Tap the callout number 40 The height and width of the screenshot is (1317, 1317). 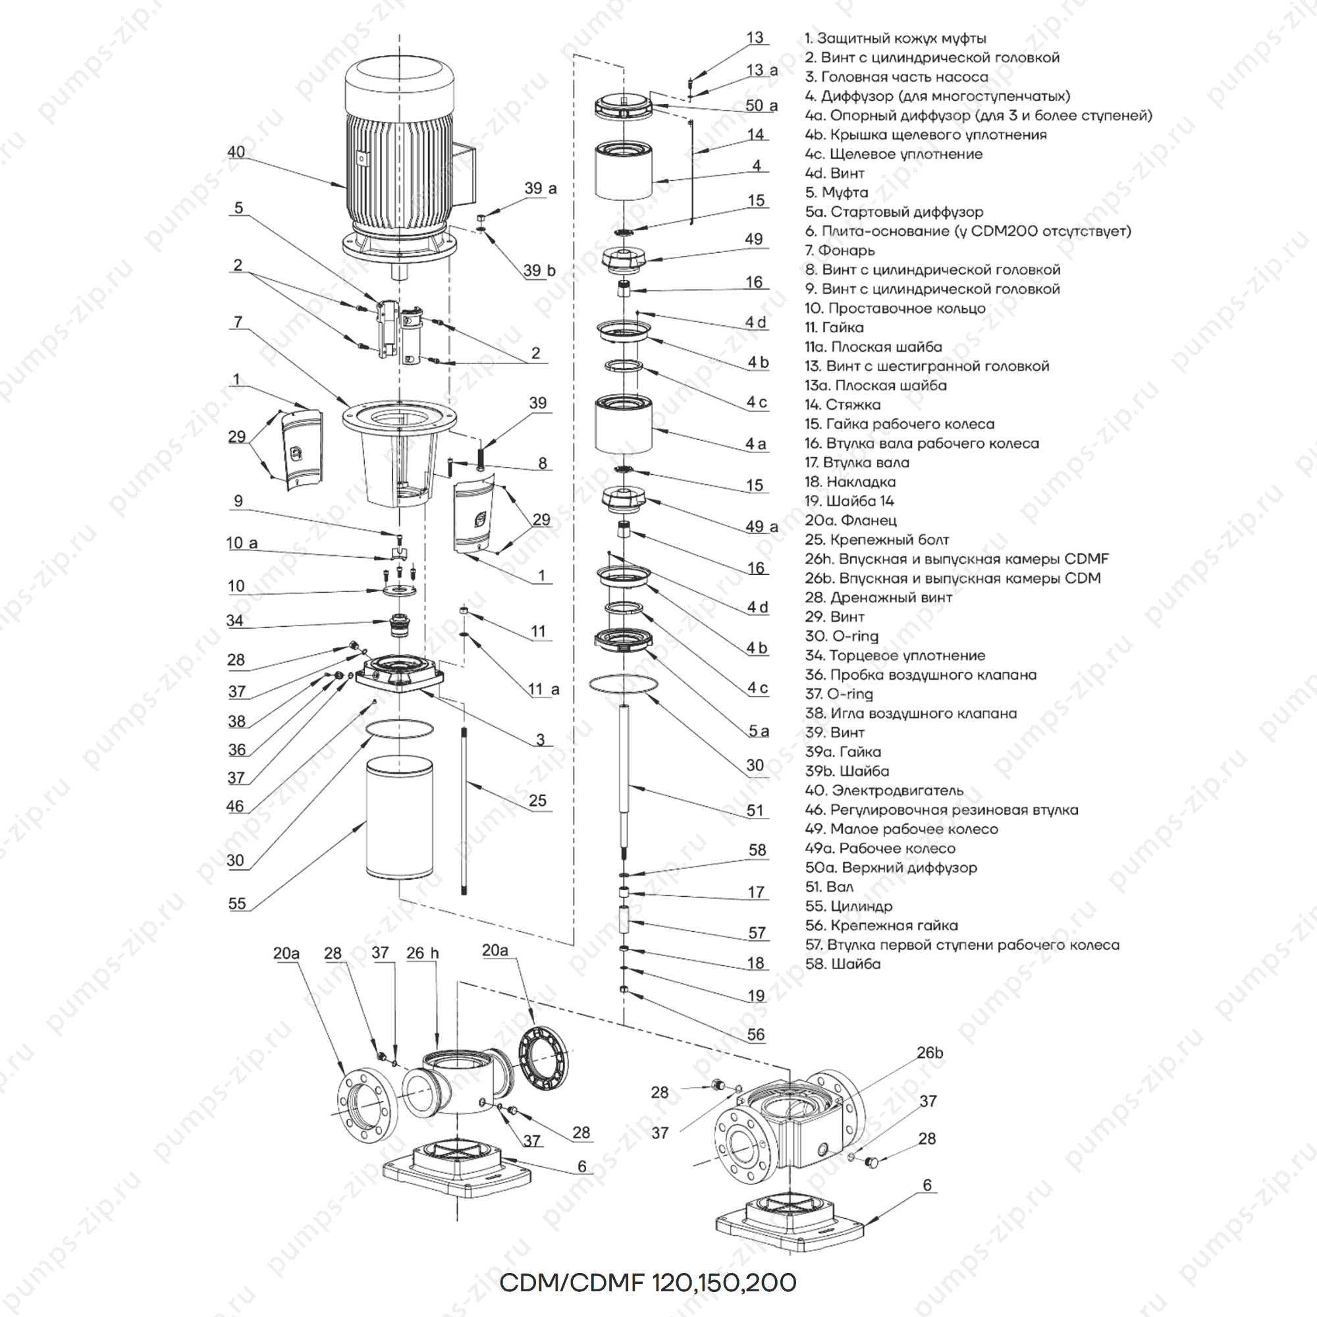(236, 151)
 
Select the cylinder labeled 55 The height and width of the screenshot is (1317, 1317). (399, 818)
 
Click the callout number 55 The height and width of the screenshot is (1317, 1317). (236, 903)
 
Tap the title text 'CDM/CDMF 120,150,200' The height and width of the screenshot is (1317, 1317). (647, 1283)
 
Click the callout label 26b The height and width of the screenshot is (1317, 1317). (930, 1053)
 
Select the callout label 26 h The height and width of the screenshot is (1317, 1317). (423, 953)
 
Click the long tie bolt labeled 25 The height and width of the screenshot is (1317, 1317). (464, 811)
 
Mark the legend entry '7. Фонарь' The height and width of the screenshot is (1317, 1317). (839, 250)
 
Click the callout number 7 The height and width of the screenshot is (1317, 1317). (238, 322)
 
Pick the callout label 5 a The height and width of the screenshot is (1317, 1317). (759, 731)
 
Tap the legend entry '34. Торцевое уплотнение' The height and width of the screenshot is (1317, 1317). (895, 656)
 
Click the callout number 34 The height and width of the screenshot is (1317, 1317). (234, 620)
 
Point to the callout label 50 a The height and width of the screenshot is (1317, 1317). (761, 105)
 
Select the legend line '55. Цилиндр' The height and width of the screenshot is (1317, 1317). (849, 906)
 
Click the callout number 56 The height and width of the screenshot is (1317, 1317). (756, 1034)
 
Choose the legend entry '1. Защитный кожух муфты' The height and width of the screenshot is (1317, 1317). (895, 38)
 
